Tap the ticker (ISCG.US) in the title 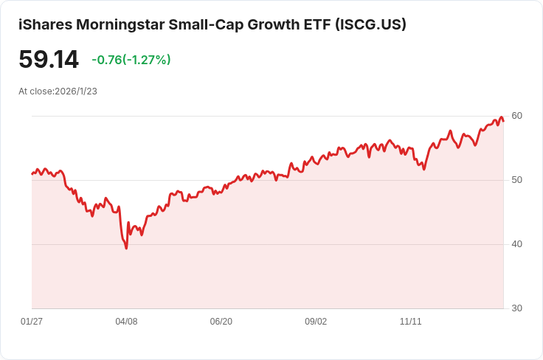pyautogui.click(x=370, y=24)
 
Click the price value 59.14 pyautogui.click(x=49, y=60)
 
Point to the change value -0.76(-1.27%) pyautogui.click(x=131, y=60)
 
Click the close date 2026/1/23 pyautogui.click(x=76, y=91)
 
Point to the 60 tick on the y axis pyautogui.click(x=516, y=116)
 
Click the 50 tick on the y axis pyautogui.click(x=516, y=180)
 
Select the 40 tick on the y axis pyautogui.click(x=516, y=244)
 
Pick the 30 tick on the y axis pyautogui.click(x=516, y=308)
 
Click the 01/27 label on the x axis pyautogui.click(x=32, y=322)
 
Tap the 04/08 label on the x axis pyautogui.click(x=126, y=322)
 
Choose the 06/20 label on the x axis pyautogui.click(x=221, y=322)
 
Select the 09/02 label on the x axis pyautogui.click(x=316, y=322)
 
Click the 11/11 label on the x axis pyautogui.click(x=410, y=322)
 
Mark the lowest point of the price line pyautogui.click(x=126, y=248)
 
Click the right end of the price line pyautogui.click(x=503, y=121)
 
